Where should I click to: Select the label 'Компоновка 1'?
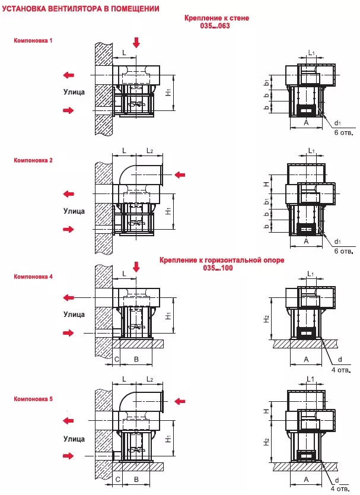point(33,40)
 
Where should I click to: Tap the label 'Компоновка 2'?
point(33,161)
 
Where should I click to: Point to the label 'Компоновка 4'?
point(33,277)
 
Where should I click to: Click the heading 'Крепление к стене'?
point(216,18)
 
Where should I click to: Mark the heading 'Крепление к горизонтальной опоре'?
point(222,260)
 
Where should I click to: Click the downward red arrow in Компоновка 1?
point(137,42)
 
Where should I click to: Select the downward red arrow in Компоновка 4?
point(136,267)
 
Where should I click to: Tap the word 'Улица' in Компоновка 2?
point(74,211)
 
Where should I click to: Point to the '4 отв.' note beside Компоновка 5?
point(340,490)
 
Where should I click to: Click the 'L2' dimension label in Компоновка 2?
point(150,152)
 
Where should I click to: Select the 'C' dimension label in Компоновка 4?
point(116,359)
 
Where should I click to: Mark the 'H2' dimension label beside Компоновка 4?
point(267,319)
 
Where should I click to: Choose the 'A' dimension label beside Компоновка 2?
point(306,242)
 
